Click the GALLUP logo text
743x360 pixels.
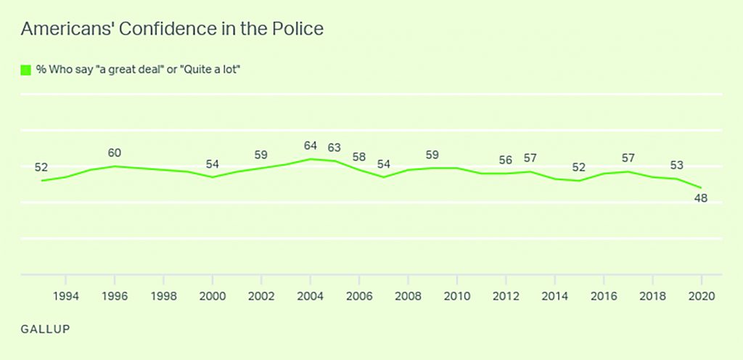[x=46, y=328]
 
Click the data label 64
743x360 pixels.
[x=311, y=146]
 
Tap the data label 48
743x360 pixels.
[x=702, y=197]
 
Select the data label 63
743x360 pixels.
[x=334, y=148]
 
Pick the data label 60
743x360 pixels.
[x=115, y=153]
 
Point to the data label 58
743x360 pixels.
[x=359, y=157]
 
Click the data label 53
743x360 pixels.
[x=677, y=164]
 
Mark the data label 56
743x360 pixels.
[x=506, y=160]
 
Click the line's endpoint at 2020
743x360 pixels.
[x=702, y=187]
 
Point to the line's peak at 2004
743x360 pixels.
[x=311, y=159]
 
